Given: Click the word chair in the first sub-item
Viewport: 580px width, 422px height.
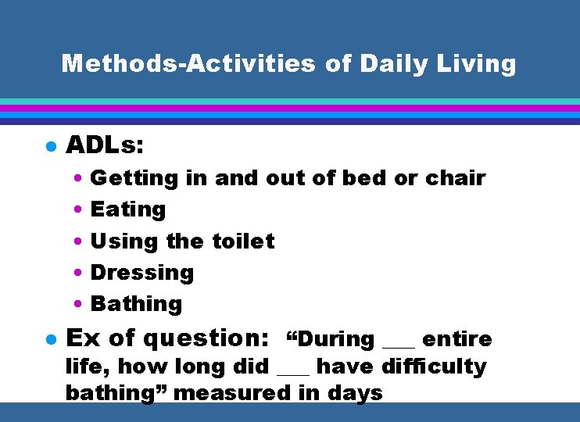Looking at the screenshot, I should point(456,178).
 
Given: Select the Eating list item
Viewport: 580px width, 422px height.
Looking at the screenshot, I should point(128,209).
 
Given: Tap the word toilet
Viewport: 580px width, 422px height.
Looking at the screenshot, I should point(243,241).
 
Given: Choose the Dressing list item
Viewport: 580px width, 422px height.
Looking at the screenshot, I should point(142,273).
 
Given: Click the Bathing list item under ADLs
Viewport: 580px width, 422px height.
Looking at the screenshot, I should point(136,304).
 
